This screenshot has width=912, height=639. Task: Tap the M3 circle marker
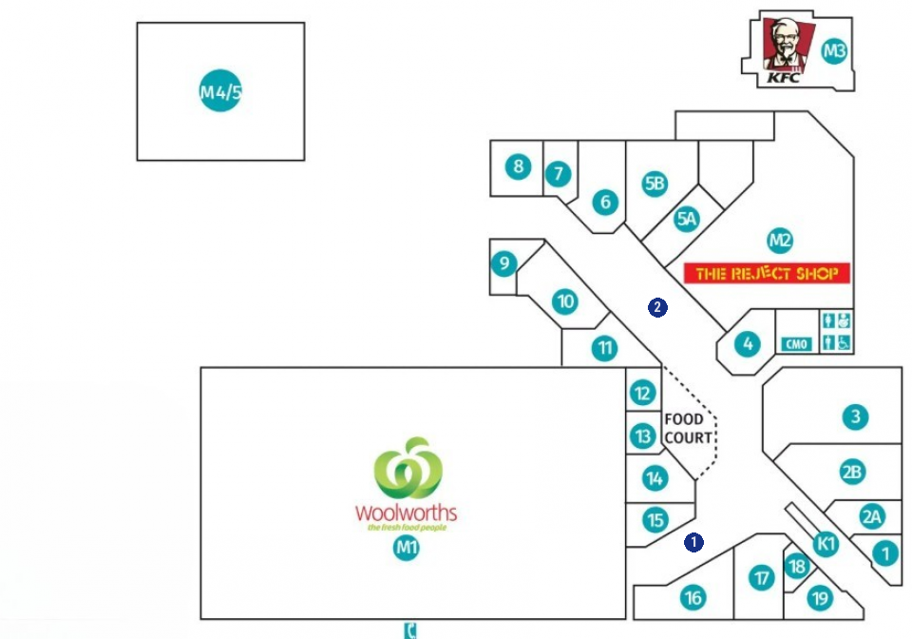click(833, 51)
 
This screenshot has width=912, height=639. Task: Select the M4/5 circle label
click(220, 91)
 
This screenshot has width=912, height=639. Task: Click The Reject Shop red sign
click(767, 274)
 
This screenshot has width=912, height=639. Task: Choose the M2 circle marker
click(780, 242)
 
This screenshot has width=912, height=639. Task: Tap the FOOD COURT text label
click(687, 428)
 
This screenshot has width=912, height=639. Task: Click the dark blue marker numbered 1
click(693, 542)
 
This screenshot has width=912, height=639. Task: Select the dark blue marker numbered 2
click(656, 307)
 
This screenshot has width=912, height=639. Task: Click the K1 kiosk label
click(826, 544)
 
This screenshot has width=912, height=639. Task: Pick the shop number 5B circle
click(654, 184)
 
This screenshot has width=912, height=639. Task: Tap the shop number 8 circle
click(517, 167)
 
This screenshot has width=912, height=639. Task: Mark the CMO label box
click(796, 343)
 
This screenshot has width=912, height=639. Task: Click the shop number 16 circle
click(693, 597)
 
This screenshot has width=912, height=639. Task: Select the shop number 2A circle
click(872, 516)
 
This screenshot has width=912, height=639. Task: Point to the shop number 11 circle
click(605, 348)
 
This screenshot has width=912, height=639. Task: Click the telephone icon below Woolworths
click(411, 629)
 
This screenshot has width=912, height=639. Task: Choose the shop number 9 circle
click(503, 263)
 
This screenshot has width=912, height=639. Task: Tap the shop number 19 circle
click(819, 597)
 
